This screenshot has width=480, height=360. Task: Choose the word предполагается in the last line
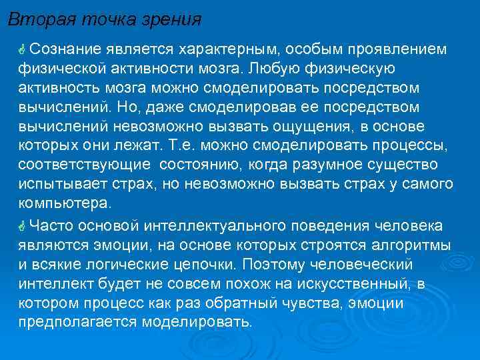[x=77, y=323]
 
